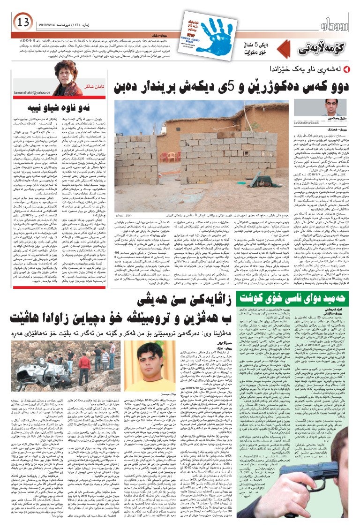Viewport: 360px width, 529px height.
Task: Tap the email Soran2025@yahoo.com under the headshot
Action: point(332,123)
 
